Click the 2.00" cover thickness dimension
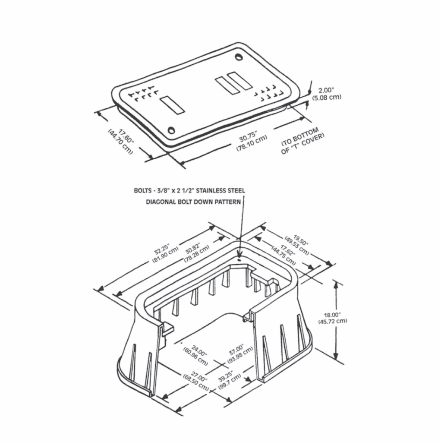tap(326, 90)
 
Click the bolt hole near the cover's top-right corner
tap(239, 57)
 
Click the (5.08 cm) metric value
tap(327, 97)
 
